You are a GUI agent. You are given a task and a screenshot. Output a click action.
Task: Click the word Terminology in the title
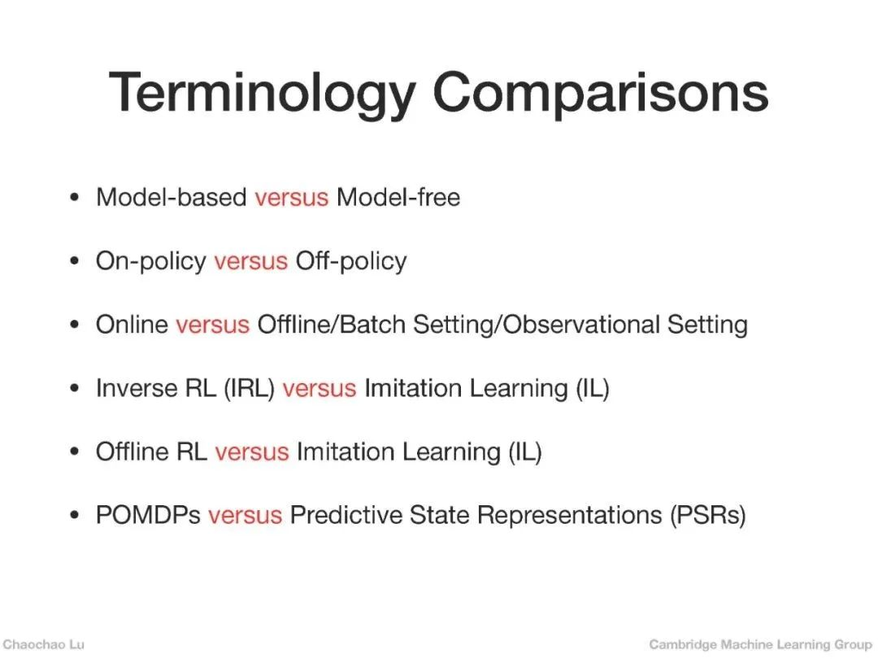[262, 94]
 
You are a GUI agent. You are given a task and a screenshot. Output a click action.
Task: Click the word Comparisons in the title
[601, 94]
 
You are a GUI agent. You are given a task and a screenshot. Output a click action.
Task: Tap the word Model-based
[172, 197]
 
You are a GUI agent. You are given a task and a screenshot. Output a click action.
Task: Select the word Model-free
[398, 197]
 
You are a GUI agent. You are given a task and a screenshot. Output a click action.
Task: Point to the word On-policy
[151, 262]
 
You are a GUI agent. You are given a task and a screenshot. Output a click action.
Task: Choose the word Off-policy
[351, 262]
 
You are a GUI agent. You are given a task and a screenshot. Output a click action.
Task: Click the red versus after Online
[213, 325]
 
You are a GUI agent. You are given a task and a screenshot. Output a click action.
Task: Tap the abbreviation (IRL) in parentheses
[250, 388]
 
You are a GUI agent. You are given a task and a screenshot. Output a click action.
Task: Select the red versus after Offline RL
[252, 452]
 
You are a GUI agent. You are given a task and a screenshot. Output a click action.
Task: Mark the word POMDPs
[149, 515]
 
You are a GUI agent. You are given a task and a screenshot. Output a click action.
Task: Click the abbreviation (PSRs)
[708, 516]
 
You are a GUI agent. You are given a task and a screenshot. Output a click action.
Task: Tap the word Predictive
[346, 515]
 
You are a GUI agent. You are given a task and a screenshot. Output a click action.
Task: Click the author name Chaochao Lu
[44, 644]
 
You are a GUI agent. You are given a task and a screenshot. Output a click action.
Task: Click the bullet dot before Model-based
[75, 198]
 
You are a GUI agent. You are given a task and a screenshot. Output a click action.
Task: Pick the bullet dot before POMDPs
[75, 516]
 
